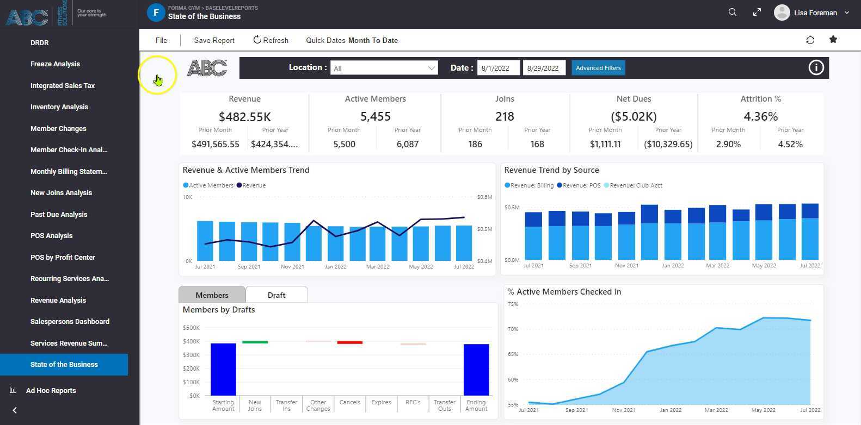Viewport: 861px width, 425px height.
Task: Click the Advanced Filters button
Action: point(598,68)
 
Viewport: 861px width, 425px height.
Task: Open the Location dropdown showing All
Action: point(384,68)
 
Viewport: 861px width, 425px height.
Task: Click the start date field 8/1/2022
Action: point(497,68)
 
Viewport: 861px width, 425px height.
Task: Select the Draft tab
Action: point(276,295)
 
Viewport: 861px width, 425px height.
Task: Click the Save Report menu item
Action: point(214,40)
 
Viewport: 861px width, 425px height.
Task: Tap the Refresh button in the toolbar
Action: point(270,40)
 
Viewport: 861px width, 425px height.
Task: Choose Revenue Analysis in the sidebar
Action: point(58,300)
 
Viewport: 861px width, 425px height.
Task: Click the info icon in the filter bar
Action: point(815,67)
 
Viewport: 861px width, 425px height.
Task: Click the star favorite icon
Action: point(833,40)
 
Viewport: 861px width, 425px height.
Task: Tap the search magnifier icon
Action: point(732,12)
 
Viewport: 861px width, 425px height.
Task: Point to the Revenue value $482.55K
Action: point(244,117)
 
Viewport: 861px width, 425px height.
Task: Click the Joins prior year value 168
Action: point(537,144)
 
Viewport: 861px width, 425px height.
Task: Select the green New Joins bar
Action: point(255,342)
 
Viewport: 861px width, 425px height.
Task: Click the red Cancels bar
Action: point(349,342)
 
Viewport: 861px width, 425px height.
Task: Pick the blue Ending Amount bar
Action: point(476,370)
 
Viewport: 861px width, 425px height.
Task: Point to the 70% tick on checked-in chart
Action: point(513,329)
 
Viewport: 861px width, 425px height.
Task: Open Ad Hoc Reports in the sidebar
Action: point(51,390)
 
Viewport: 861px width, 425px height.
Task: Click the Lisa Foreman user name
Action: point(815,12)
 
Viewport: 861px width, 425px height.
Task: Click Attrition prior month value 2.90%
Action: point(728,144)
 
